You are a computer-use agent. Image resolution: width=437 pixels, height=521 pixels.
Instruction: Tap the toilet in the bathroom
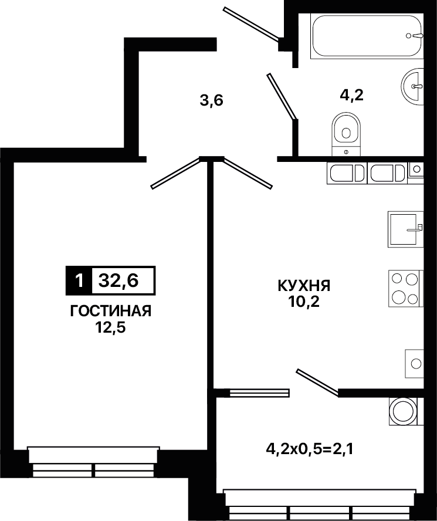pyautogui.click(x=346, y=134)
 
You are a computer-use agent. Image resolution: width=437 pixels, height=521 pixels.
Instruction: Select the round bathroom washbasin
pyautogui.click(x=413, y=86)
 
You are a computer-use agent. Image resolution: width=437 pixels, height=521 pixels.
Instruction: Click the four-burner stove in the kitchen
pyautogui.click(x=406, y=289)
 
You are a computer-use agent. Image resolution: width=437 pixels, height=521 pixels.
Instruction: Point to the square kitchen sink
pyautogui.click(x=406, y=229)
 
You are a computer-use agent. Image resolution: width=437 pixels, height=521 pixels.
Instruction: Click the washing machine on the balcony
pyautogui.click(x=406, y=411)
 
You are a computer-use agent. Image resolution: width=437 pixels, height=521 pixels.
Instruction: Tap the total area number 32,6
pyautogui.click(x=118, y=281)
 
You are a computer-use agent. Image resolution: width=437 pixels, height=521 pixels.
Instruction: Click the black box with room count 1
pyautogui.click(x=79, y=281)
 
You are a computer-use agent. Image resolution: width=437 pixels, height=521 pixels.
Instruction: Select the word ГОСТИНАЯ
pyautogui.click(x=111, y=312)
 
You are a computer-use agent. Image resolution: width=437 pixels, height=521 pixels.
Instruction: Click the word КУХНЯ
pyautogui.click(x=304, y=286)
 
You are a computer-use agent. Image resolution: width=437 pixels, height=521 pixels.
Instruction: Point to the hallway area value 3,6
pyautogui.click(x=211, y=100)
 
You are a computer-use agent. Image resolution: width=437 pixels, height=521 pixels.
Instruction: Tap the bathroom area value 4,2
pyautogui.click(x=351, y=95)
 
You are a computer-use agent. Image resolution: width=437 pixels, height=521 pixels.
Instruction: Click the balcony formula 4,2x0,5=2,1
pyautogui.click(x=309, y=449)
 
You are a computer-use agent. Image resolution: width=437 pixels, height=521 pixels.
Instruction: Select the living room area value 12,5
pyautogui.click(x=111, y=328)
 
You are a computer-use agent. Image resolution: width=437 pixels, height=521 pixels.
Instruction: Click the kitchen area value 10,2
pyautogui.click(x=304, y=302)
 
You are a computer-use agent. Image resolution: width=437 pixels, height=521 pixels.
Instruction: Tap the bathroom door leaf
pyautogui.click(x=282, y=96)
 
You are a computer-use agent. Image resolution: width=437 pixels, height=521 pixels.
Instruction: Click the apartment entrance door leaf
pyautogui.click(x=251, y=24)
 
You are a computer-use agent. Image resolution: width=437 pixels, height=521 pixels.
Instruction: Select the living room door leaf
pyautogui.click(x=175, y=173)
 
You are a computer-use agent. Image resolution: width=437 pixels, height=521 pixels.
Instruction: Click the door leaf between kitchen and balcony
pyautogui.click(x=318, y=383)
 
